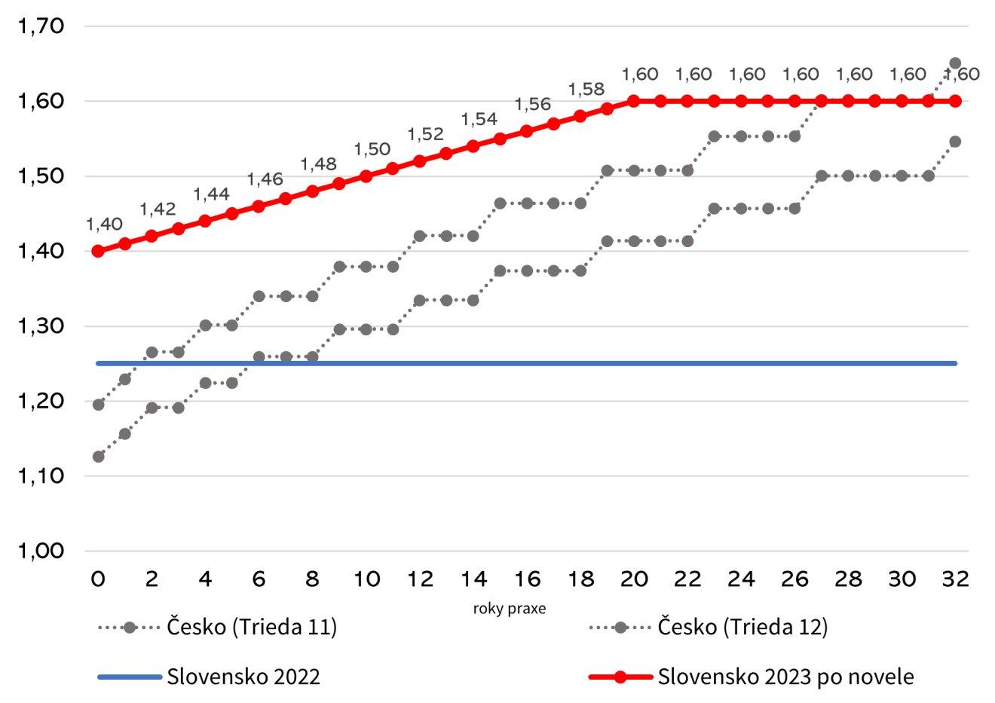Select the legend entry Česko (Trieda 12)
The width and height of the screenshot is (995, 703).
[x=742, y=628]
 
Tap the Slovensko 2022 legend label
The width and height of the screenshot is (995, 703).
[x=243, y=677]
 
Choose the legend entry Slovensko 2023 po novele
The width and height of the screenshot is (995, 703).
[x=785, y=677]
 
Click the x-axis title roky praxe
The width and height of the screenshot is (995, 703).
[x=510, y=609]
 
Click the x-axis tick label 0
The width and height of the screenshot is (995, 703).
[x=98, y=579]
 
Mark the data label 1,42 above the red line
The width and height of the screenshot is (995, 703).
[x=158, y=209]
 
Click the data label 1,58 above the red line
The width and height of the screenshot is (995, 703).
[x=586, y=90]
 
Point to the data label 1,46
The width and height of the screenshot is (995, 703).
[x=265, y=179]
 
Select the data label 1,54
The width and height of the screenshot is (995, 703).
[x=479, y=120]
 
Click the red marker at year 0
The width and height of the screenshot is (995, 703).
[x=98, y=251]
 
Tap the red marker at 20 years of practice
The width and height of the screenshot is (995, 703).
[x=634, y=101]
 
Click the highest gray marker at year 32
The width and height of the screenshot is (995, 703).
[x=954, y=63]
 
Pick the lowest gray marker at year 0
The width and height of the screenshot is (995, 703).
[x=98, y=457]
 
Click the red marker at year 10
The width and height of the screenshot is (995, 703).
[x=366, y=176]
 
